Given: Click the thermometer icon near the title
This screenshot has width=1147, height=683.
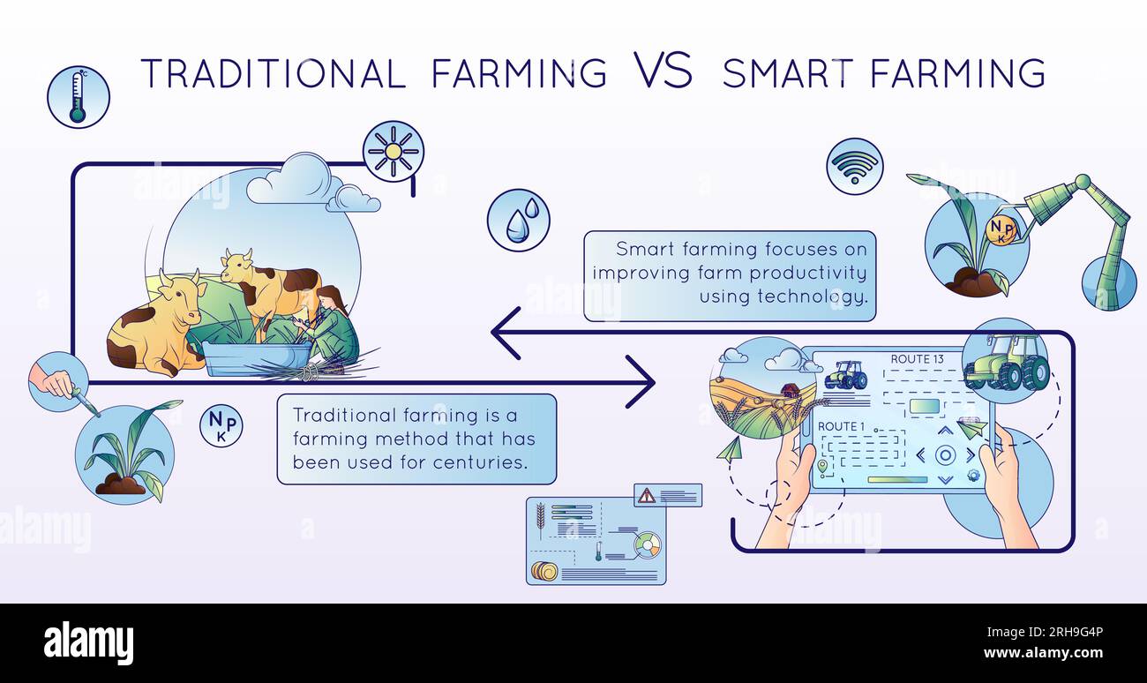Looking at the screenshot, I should [x=79, y=96].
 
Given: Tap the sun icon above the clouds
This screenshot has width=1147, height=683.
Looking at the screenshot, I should [x=394, y=151].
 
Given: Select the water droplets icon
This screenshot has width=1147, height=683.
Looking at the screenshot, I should [x=519, y=220].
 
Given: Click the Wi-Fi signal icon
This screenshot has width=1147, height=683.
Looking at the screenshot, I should [x=854, y=166].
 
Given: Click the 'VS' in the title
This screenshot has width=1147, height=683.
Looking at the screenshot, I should [x=662, y=71].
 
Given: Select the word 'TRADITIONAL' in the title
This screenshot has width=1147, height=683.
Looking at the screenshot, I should [x=274, y=73].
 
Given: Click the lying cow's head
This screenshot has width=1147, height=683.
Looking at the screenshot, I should [x=183, y=289].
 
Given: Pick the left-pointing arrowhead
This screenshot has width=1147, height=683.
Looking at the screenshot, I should [x=505, y=333].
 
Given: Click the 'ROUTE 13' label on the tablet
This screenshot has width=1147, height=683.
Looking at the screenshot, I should [x=917, y=359].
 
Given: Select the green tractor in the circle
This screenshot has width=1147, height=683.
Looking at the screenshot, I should [x=1006, y=362].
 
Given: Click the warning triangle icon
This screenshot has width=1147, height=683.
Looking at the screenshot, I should [x=647, y=495].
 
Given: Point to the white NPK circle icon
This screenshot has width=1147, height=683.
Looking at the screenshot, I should [x=221, y=425].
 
